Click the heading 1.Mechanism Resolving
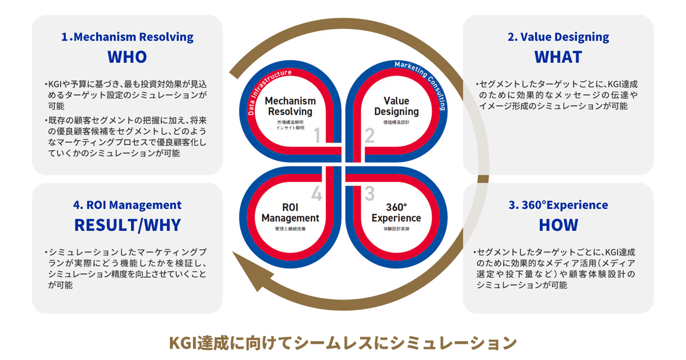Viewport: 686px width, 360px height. [x=127, y=37]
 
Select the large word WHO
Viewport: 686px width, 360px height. [x=127, y=57]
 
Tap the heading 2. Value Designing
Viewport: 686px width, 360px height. [x=558, y=37]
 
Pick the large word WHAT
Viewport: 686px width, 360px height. [x=558, y=57]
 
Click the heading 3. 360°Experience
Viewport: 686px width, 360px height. [x=557, y=205]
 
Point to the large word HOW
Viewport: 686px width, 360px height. [x=558, y=225]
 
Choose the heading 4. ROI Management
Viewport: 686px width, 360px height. [x=127, y=205]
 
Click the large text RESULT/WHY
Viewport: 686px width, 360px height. [x=127, y=225]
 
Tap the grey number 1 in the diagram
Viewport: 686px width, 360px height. [x=316, y=135]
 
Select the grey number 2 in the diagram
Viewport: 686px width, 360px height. [x=369, y=135]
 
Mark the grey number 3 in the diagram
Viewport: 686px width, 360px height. [x=369, y=194]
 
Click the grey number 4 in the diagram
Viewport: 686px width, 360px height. [x=316, y=194]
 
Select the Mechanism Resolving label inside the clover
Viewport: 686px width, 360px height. [x=290, y=106]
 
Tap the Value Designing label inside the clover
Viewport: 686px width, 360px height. [x=396, y=106]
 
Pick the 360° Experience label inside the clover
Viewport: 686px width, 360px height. [x=396, y=213]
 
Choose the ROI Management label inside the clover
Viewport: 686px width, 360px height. [x=290, y=213]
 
